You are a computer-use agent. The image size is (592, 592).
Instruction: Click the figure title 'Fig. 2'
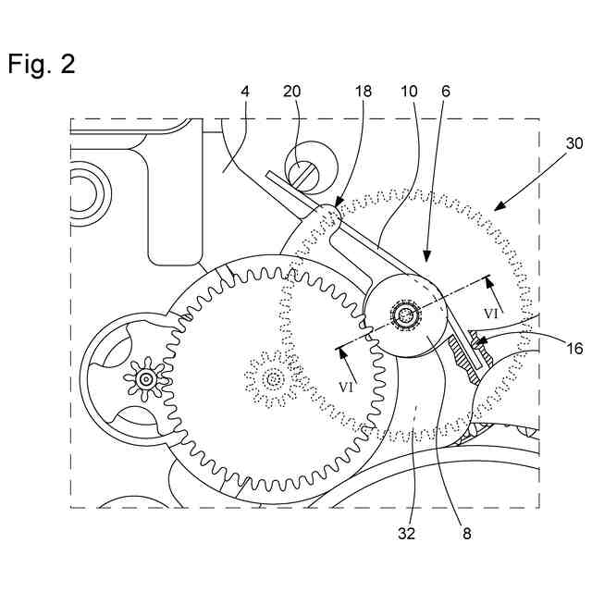point(42,64)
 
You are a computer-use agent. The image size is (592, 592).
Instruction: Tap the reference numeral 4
point(244,93)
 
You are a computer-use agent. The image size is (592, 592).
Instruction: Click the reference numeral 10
point(408,93)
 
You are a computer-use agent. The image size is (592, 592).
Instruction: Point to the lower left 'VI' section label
point(348,387)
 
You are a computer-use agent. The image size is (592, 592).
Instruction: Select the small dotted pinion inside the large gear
point(272,378)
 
